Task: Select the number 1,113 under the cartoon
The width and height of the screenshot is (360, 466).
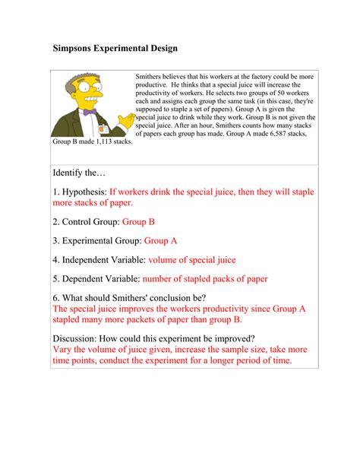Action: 97,142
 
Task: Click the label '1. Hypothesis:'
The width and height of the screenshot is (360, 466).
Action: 81,192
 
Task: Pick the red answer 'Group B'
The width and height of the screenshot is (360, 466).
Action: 139,222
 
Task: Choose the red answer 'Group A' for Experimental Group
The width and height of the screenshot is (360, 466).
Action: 160,241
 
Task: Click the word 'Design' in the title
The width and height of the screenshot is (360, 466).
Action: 158,49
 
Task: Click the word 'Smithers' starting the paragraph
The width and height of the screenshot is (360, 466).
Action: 150,78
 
